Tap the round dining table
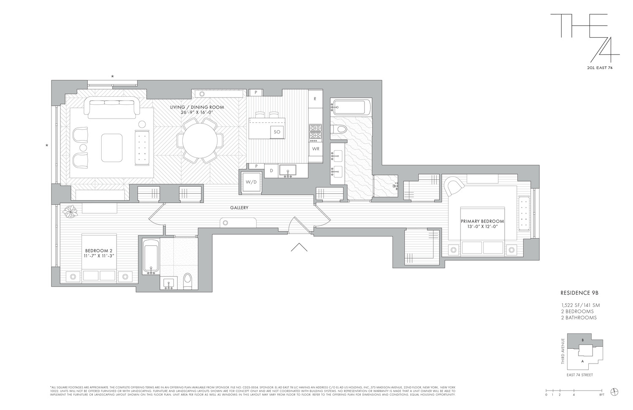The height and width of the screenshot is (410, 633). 200,140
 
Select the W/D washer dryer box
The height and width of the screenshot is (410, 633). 251,182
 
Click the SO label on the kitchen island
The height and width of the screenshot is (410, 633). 277,132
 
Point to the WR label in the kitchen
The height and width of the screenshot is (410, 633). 315,149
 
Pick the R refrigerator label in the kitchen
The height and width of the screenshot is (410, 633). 315,99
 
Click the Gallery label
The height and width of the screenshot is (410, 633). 239,208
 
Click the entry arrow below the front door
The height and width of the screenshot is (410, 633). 299,247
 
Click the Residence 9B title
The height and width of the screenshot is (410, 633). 578,291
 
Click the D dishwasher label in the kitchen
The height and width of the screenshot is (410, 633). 271,171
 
